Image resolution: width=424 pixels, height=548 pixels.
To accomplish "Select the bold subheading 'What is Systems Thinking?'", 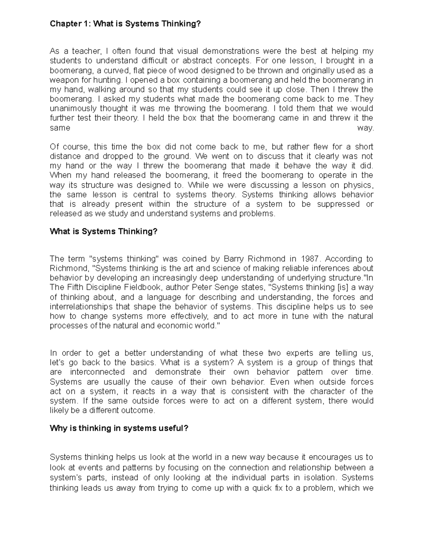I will (x=104, y=231).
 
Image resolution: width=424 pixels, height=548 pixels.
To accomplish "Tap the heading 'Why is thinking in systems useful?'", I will (x=119, y=428).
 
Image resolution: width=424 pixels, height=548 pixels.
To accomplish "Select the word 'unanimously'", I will (x=70, y=108).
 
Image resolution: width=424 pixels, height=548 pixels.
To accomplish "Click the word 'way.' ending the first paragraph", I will (x=365, y=128).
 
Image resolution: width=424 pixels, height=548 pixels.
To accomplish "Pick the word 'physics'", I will (x=358, y=185).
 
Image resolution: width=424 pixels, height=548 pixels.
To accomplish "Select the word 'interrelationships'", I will (x=81, y=306).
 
